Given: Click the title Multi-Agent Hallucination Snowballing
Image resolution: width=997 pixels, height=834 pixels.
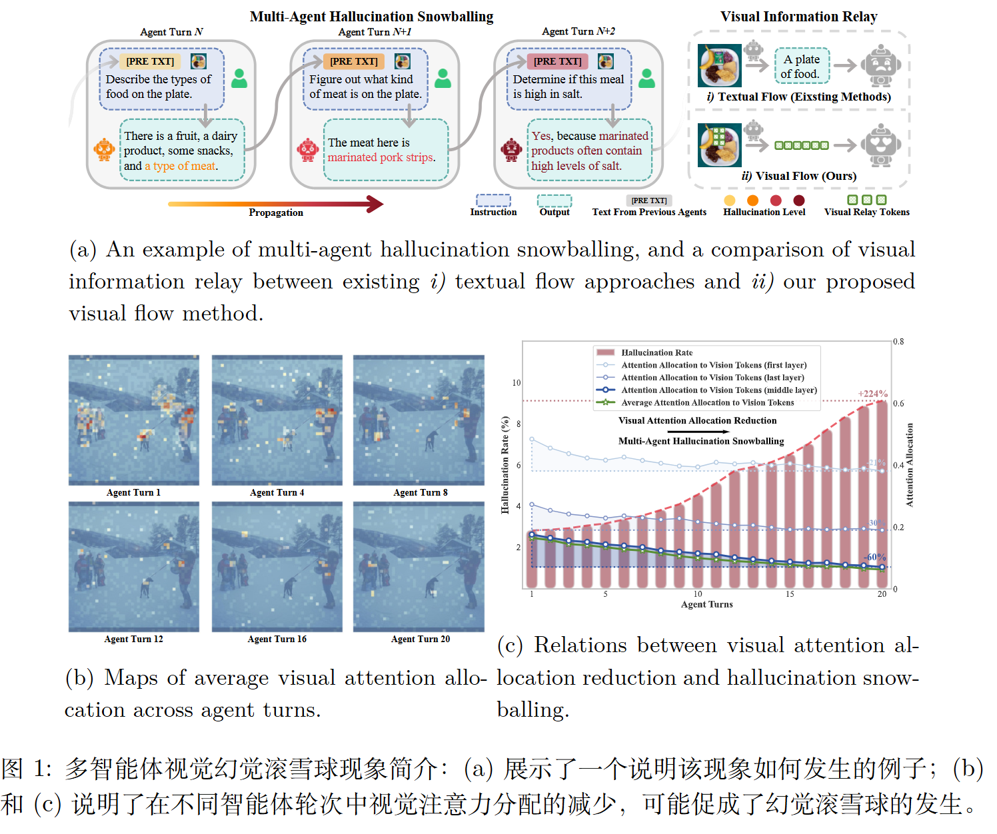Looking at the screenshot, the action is coord(371,17).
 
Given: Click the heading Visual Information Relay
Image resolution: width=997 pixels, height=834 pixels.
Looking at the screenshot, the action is coord(799,17).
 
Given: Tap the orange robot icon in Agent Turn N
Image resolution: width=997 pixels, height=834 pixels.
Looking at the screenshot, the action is coord(103,150).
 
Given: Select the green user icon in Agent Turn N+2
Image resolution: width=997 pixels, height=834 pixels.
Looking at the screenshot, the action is coord(646,79).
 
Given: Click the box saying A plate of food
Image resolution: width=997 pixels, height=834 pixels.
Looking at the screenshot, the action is coord(802,67).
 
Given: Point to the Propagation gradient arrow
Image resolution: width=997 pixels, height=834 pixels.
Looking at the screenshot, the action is coord(275,204).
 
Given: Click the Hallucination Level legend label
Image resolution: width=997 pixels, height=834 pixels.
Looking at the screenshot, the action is coord(764,212).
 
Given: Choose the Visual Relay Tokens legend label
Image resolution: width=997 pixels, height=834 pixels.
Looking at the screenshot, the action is coord(866,212).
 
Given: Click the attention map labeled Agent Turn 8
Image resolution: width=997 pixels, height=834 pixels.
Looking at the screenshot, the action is coord(419,420).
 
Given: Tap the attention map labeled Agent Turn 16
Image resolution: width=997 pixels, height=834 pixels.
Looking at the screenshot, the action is coord(277,567).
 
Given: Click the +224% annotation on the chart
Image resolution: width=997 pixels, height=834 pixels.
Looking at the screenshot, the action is coord(872,394).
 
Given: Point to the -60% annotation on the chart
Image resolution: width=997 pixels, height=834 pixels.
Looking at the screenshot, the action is coord(875,557).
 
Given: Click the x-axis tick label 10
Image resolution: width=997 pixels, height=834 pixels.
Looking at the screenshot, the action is coord(698,594).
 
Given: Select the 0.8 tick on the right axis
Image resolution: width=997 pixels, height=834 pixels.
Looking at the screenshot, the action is coord(898,341).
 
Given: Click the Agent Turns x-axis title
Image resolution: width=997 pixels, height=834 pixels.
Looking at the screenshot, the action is coord(706,604).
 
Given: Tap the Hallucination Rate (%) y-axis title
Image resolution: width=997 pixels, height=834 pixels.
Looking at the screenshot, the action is coord(505,465).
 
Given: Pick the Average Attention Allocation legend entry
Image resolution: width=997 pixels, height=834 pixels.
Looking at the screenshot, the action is coord(695,402).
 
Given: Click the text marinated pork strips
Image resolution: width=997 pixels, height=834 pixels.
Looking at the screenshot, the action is coord(381,157).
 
